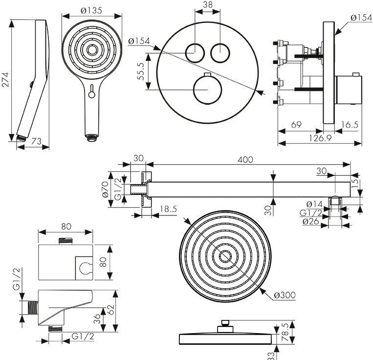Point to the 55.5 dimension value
pyautogui.click(x=140, y=71)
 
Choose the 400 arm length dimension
pyautogui.click(x=246, y=159)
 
